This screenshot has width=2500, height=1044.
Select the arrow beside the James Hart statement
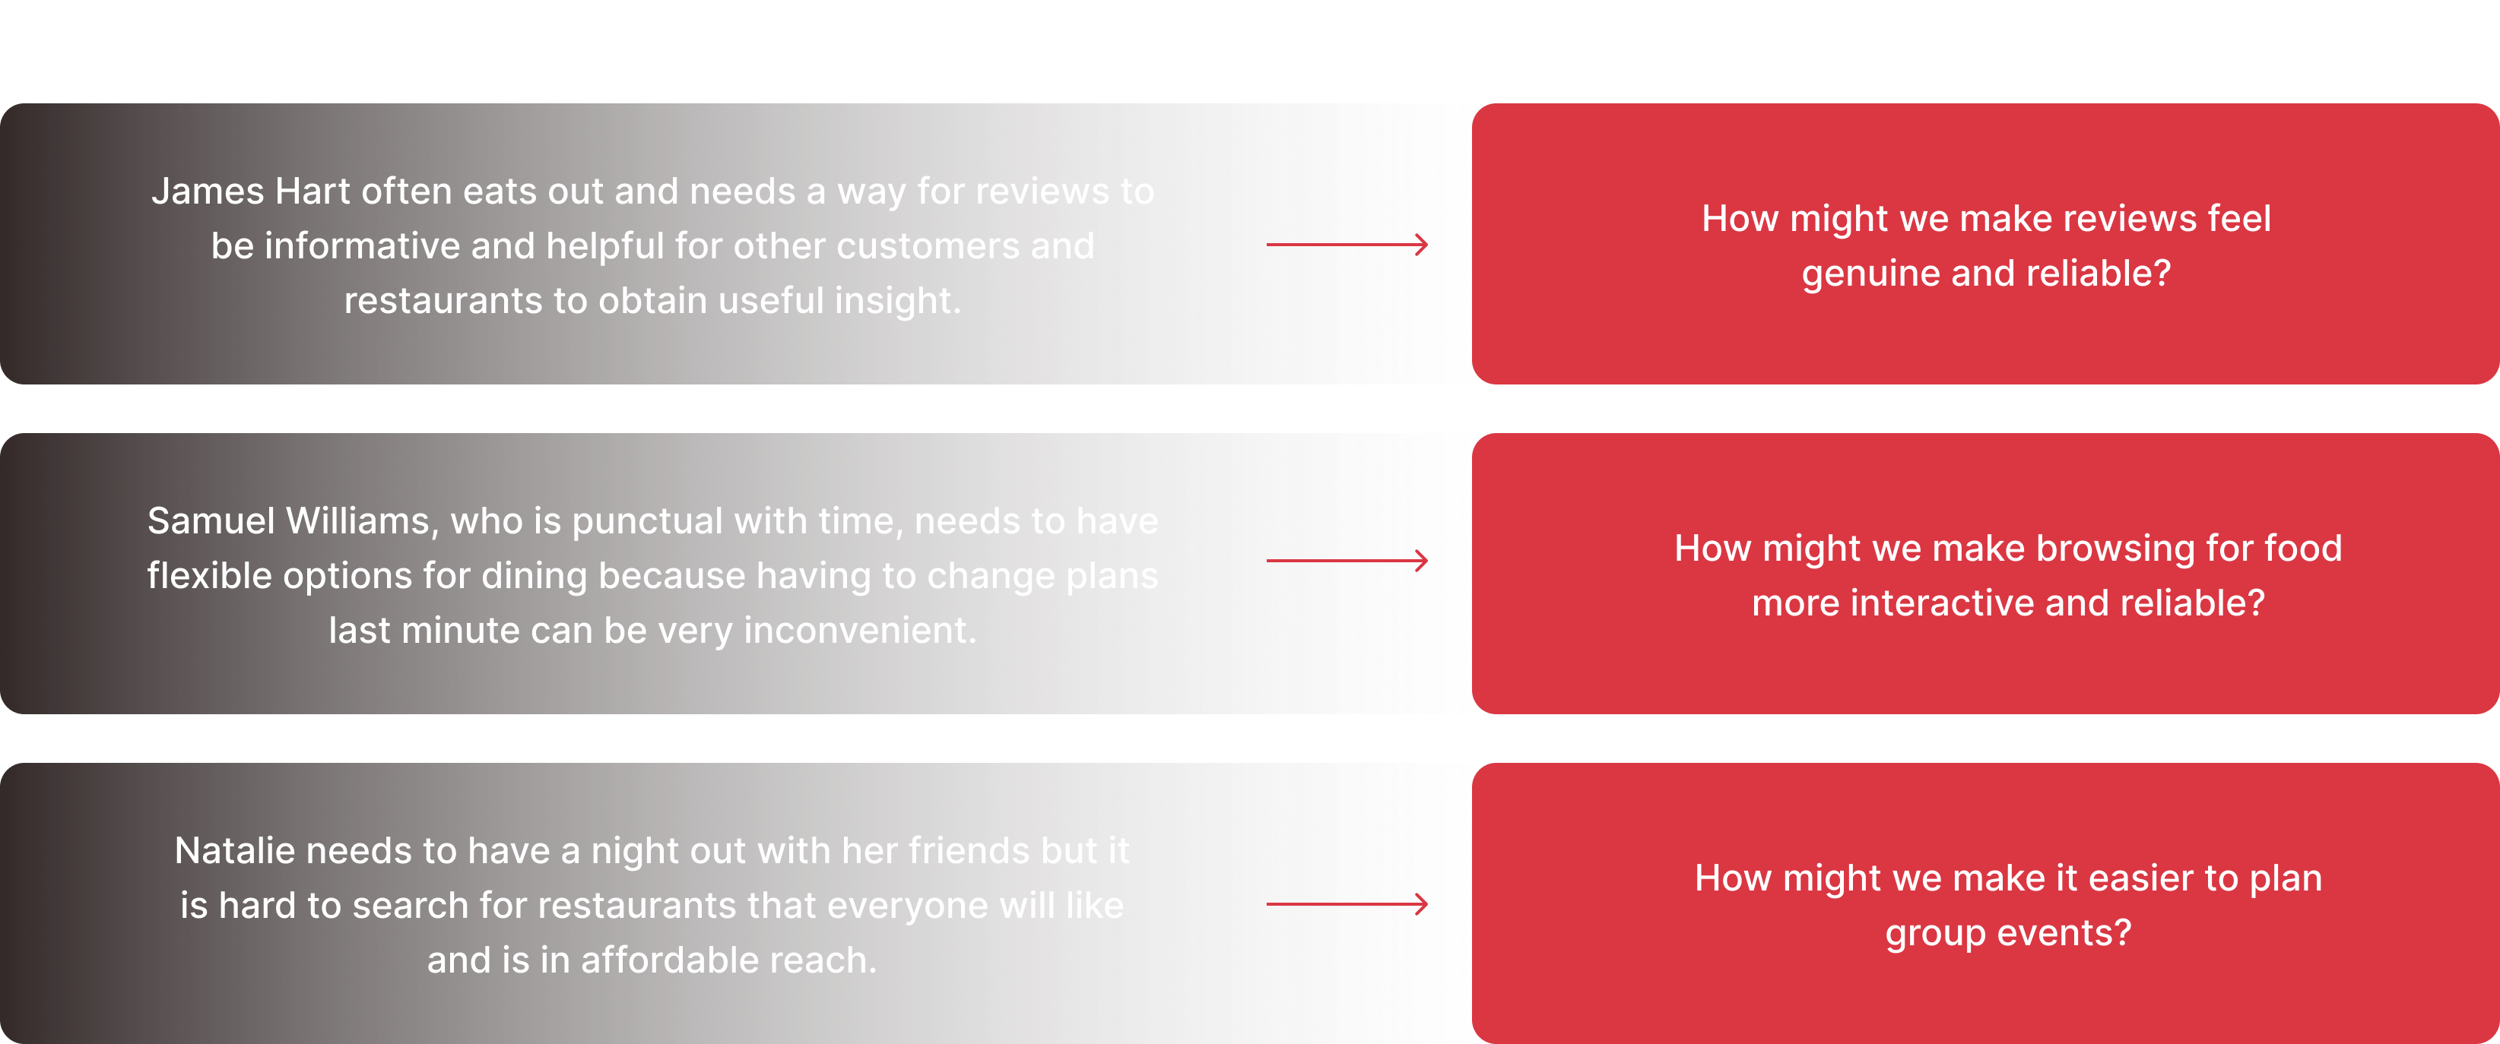click(1347, 245)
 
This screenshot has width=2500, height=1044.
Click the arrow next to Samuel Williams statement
click(1347, 561)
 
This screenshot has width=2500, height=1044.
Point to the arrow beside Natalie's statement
click(1347, 904)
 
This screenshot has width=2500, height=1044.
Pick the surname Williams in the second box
click(358, 521)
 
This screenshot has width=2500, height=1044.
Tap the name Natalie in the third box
click(235, 851)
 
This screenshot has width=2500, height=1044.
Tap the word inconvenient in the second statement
click(860, 631)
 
